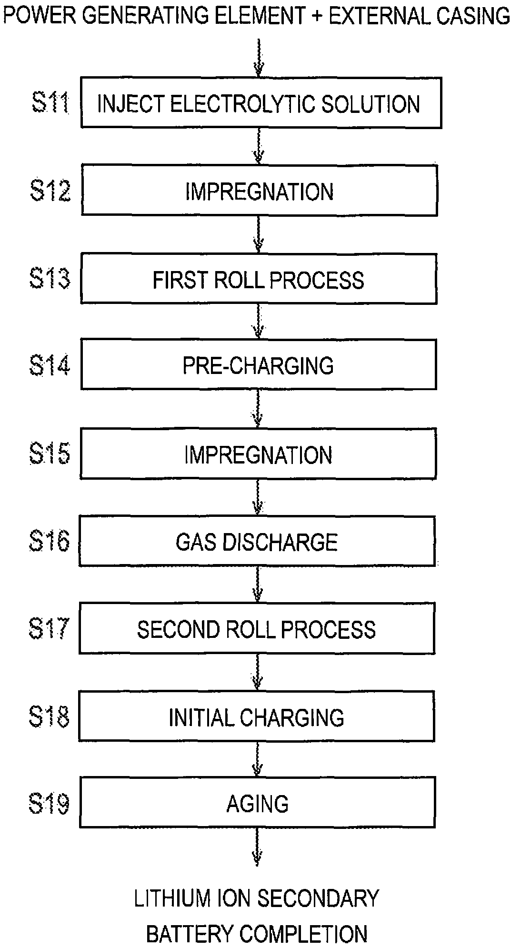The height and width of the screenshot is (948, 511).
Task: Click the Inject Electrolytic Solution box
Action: (261, 103)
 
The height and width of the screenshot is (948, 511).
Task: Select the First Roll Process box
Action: (259, 279)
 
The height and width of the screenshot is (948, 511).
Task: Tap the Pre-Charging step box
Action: (259, 364)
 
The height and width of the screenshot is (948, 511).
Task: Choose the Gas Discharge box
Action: (257, 542)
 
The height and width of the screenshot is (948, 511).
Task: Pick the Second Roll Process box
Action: (257, 629)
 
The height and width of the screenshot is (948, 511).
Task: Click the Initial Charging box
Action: (257, 717)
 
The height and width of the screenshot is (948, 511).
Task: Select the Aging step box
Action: (257, 804)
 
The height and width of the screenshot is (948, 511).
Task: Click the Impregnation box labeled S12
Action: (260, 191)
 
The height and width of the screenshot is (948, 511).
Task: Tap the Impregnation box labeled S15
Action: (259, 454)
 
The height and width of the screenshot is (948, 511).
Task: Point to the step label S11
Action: (50, 103)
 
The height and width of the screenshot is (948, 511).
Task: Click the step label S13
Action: (50, 279)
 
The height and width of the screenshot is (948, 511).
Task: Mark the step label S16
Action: (49, 541)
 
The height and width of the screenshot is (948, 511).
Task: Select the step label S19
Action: (49, 804)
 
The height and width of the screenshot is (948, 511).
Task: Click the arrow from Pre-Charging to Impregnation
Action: (258, 408)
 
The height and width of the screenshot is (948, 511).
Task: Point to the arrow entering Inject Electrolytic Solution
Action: (258, 57)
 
